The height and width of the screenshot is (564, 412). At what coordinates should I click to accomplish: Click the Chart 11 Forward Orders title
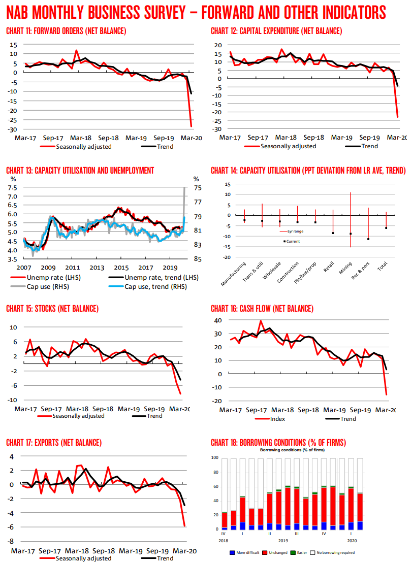click(66, 31)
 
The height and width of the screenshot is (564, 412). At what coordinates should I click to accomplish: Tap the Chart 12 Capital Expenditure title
click(276, 31)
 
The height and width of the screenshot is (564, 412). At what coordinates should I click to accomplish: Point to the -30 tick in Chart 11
click(12, 129)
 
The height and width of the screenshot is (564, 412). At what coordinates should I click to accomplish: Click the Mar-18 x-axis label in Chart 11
click(80, 138)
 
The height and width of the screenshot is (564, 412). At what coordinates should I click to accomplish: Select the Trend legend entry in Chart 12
click(365, 146)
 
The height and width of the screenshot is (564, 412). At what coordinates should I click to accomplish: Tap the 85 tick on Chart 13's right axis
click(198, 259)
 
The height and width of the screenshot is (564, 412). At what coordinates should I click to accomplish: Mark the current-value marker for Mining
click(351, 234)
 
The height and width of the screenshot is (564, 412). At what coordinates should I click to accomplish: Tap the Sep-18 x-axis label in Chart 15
click(103, 409)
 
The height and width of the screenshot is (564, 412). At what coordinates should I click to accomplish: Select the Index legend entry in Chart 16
click(277, 419)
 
